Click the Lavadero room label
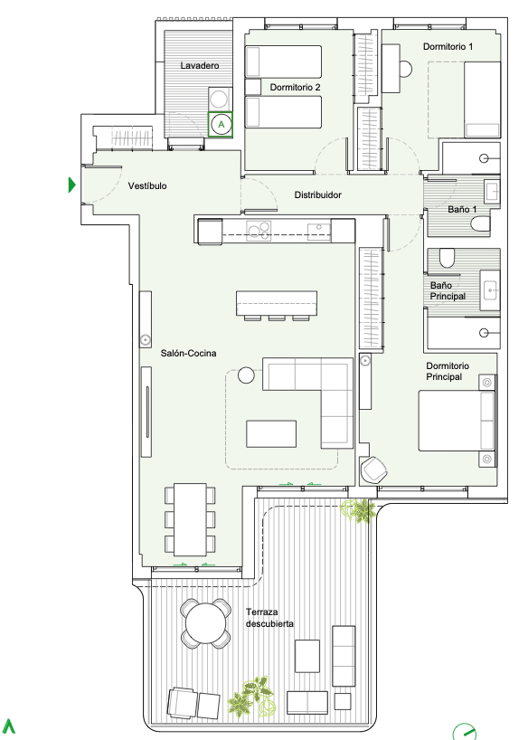pos(199,66)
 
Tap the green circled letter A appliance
pos(221,125)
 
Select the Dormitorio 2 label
pos(295,88)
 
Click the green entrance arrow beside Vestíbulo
pos(72,185)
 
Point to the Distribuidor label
pos(317,194)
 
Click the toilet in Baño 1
pos(481,224)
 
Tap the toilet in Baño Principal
pos(447,258)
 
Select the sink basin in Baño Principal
pos(491,289)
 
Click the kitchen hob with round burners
pos(259,231)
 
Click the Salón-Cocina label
pos(188,353)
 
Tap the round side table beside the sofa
pos(246,375)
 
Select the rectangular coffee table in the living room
pos(271,433)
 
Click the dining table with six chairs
pos(190,519)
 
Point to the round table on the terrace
pos(206,623)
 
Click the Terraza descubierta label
pos(269,618)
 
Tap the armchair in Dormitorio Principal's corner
pos(373,469)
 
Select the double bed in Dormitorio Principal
pos(457,421)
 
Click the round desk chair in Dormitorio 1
pos(405,69)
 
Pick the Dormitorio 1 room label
pos(448,46)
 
